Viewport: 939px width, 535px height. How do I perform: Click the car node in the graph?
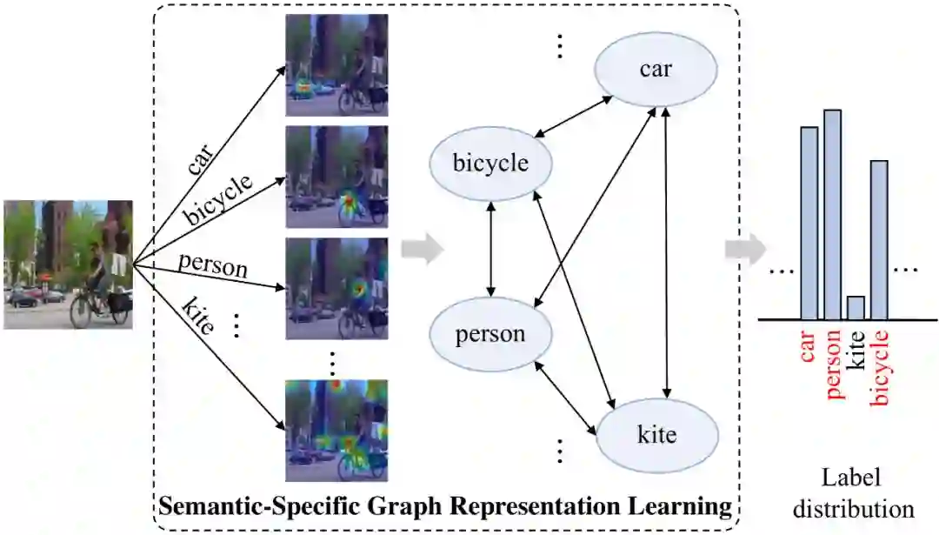click(x=655, y=69)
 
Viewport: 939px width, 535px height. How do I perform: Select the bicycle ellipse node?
click(x=489, y=164)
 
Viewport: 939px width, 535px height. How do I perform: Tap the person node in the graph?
click(x=489, y=333)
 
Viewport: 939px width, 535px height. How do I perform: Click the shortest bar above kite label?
click(x=856, y=308)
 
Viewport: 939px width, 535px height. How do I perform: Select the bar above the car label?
click(x=809, y=223)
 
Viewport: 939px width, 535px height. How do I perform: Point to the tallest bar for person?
click(x=832, y=214)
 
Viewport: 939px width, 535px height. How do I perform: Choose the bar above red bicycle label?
click(x=879, y=239)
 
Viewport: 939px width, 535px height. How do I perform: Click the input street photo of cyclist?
click(x=68, y=264)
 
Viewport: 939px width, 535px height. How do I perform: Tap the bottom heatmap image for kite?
click(x=337, y=430)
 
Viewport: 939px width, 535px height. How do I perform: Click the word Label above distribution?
click(x=852, y=478)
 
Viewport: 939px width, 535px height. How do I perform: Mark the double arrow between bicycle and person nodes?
click(x=492, y=250)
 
